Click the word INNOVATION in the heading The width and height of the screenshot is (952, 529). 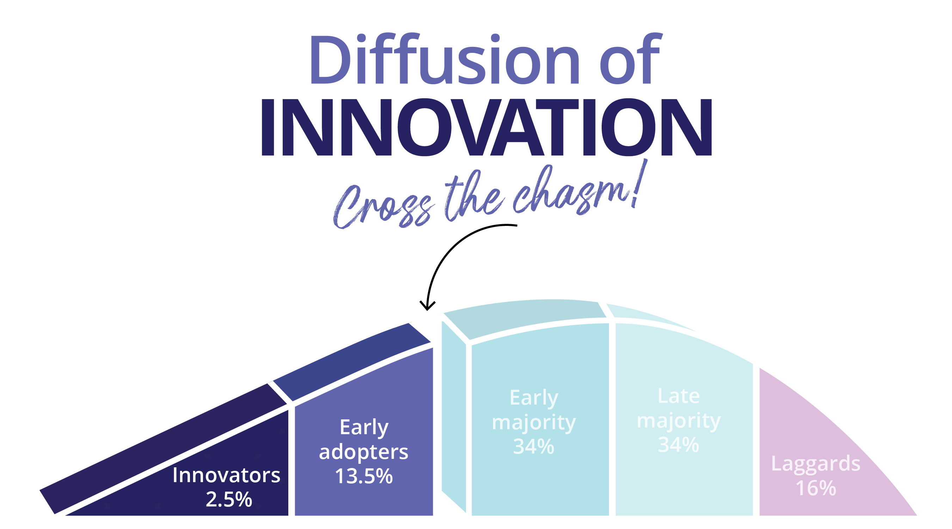pos(487,127)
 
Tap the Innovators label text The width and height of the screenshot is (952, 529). pos(226,475)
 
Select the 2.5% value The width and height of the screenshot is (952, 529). pos(229,499)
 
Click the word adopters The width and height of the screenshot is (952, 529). pos(364,452)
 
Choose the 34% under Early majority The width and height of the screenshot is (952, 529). pos(534,446)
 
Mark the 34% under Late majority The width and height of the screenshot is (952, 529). pos(678,444)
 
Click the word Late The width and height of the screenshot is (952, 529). pos(678,396)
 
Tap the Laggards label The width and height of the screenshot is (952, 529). pos(816,465)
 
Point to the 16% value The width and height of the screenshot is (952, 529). pos(816,488)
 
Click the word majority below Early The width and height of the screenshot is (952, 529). pos(534,423)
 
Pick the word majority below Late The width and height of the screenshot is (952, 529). pos(678,421)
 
